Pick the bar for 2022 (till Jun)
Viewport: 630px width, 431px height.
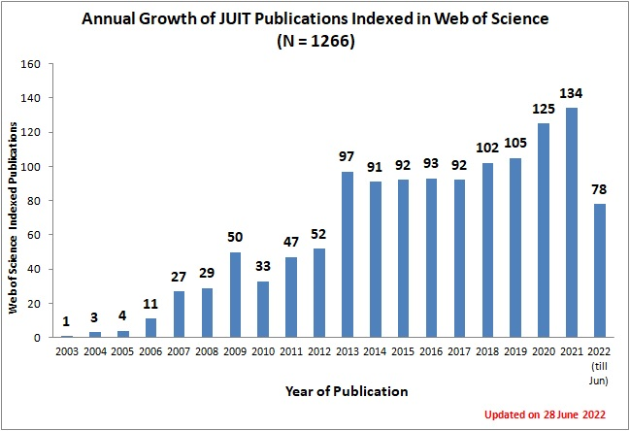600,270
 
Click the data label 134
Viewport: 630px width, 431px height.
573,93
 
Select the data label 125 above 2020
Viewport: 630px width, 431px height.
545,109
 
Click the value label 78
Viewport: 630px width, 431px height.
600,189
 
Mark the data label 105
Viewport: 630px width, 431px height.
516,144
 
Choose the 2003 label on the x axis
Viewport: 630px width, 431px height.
66,350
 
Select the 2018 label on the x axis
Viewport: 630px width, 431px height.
487,350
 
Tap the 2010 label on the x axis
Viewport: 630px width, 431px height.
263,350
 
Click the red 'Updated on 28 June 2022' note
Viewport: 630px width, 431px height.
545,414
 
